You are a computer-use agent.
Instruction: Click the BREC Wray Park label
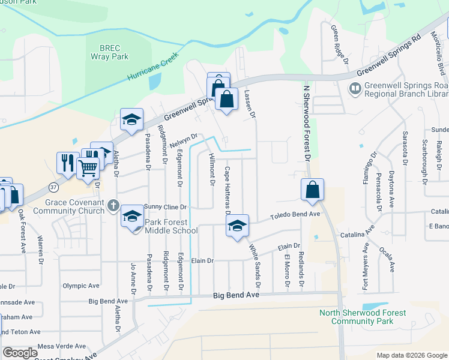click(x=110, y=52)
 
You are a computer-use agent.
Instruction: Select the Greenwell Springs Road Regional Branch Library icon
click(x=355, y=89)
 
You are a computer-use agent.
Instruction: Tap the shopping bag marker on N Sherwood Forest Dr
click(x=312, y=190)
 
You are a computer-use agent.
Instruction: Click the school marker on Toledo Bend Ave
click(x=238, y=226)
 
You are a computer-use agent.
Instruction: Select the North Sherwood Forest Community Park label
click(x=363, y=317)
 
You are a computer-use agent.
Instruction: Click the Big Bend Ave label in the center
click(x=236, y=296)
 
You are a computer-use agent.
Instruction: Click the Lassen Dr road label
click(x=250, y=103)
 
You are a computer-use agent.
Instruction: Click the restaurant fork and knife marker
click(x=66, y=163)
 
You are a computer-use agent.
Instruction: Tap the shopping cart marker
click(x=88, y=169)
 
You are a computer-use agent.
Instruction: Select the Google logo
click(x=20, y=353)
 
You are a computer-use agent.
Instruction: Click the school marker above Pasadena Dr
click(x=131, y=119)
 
